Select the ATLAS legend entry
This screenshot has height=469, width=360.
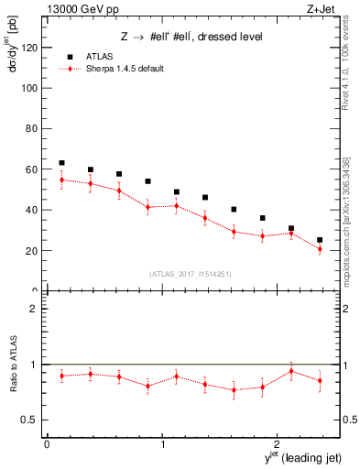94,56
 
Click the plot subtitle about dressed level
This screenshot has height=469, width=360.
191,37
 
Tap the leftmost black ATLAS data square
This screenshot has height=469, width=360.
61,163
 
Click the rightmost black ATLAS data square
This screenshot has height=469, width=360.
320,240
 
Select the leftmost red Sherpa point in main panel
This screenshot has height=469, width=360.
61,180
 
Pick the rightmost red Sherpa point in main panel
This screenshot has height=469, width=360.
320,249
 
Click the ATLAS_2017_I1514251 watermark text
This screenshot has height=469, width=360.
191,273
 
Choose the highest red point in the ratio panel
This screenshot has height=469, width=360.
291,371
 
